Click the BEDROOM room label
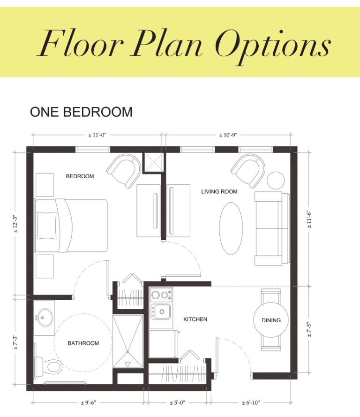[80, 176]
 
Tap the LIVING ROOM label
[219, 192]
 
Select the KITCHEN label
[195, 319]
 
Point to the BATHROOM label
[83, 343]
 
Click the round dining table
[271, 320]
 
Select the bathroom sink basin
[45, 317]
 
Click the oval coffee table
[231, 228]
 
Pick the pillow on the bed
[47, 225]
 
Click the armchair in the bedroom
[124, 171]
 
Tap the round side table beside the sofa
[276, 180]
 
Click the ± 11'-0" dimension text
[97, 135]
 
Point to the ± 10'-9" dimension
[228, 135]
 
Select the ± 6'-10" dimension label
[251, 403]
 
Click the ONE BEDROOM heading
[81, 112]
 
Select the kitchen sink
[161, 311]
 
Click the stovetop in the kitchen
[161, 295]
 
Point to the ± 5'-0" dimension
[177, 403]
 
